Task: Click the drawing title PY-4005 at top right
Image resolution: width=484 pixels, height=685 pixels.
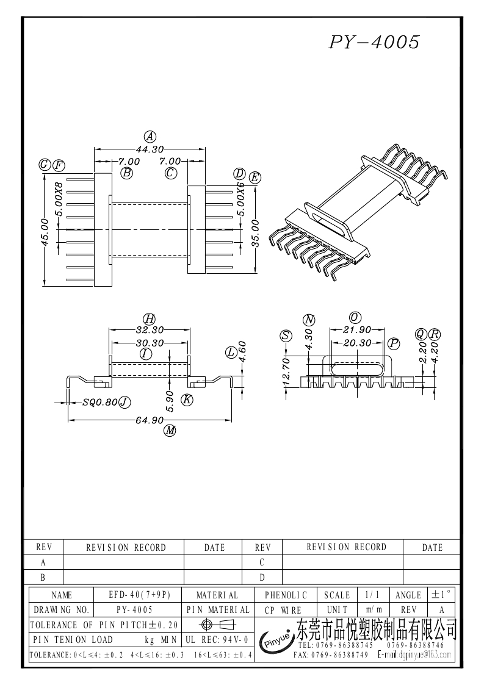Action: [x=374, y=42]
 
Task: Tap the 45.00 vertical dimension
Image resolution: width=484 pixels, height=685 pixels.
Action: [x=45, y=232]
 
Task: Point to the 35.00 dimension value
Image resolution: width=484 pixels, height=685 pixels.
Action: [x=255, y=232]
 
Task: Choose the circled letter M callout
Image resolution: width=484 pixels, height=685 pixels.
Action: [x=170, y=431]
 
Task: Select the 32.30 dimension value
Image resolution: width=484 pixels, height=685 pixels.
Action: [x=149, y=330]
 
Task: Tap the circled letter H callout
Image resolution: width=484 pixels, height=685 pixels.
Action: [x=149, y=318]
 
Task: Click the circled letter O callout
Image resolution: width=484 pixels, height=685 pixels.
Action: [x=355, y=317]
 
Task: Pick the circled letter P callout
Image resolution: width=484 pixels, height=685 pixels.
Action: [x=394, y=344]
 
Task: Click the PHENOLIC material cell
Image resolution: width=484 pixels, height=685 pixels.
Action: [x=286, y=595]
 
